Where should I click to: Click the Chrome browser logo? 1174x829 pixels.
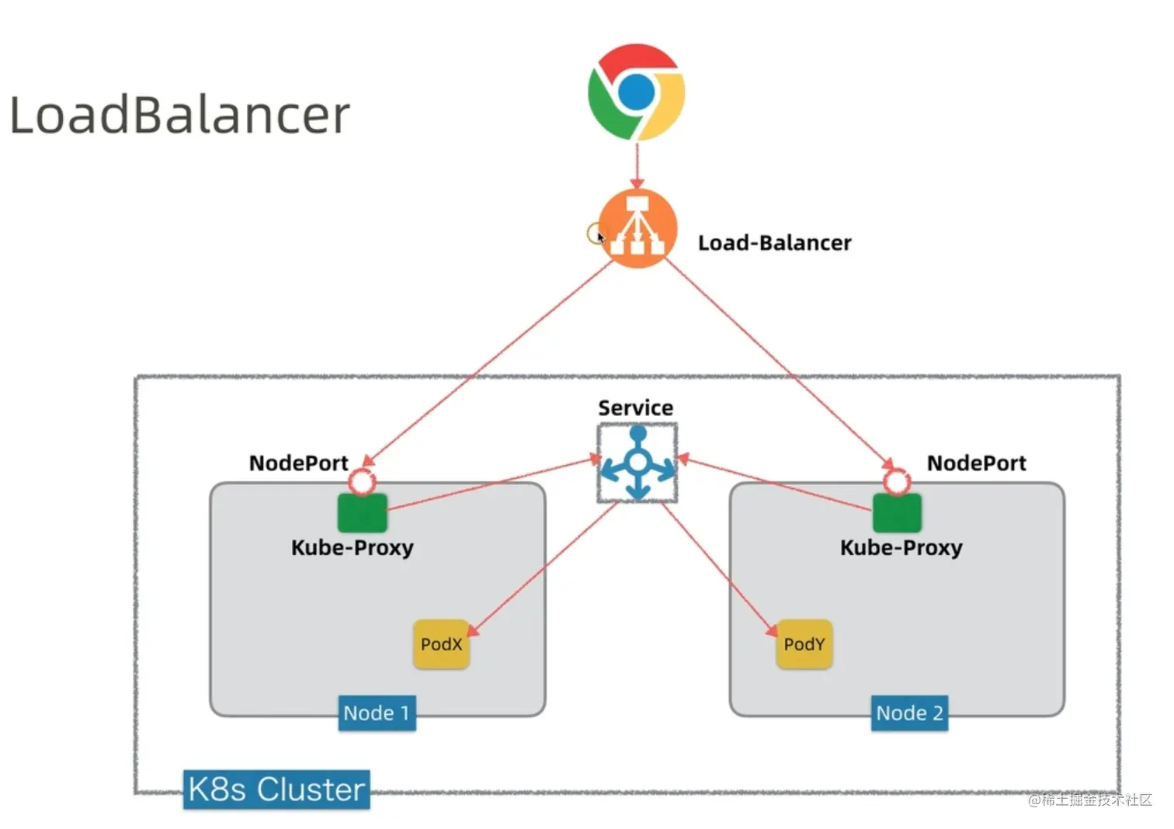(x=636, y=92)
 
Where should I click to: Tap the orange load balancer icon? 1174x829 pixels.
(x=637, y=228)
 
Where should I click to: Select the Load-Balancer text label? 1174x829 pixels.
(x=774, y=243)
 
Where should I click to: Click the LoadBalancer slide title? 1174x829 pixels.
(x=179, y=115)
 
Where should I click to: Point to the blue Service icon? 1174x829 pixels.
(x=637, y=463)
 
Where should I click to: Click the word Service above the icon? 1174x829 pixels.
(x=635, y=408)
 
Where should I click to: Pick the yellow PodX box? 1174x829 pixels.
(x=441, y=644)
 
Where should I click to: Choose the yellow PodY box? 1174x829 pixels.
(x=804, y=644)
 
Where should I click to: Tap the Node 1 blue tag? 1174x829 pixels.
(x=377, y=713)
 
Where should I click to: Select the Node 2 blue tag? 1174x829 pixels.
(x=909, y=713)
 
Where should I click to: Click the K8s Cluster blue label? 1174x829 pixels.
(x=276, y=789)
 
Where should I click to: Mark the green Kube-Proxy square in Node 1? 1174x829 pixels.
(x=362, y=513)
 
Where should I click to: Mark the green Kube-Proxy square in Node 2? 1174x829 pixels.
(x=897, y=513)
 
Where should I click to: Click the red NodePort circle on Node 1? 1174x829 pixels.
(x=362, y=482)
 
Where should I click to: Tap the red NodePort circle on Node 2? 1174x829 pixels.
(x=897, y=482)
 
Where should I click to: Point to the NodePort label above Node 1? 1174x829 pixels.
(x=298, y=463)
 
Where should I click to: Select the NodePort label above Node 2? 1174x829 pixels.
(x=976, y=463)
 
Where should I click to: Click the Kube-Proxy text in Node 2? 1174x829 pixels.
(x=901, y=548)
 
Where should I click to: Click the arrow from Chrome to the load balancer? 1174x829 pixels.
(x=637, y=165)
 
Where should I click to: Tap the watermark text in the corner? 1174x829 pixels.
(x=1090, y=800)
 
